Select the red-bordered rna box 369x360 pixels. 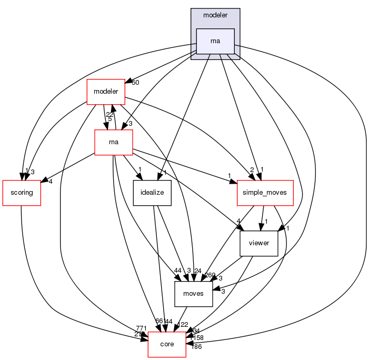click(x=113, y=142)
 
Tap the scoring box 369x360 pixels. click(x=22, y=193)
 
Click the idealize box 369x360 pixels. click(x=152, y=193)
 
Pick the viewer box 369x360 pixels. click(x=258, y=243)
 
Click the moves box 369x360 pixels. click(x=193, y=294)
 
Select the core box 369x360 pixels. click(x=166, y=344)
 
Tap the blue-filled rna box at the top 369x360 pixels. click(x=215, y=41)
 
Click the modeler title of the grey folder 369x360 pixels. click(x=215, y=15)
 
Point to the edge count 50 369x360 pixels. click(x=135, y=83)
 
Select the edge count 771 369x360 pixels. click(x=142, y=328)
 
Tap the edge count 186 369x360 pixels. click(x=196, y=346)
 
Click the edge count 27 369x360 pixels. click(x=137, y=334)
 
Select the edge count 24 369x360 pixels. click(x=198, y=271)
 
